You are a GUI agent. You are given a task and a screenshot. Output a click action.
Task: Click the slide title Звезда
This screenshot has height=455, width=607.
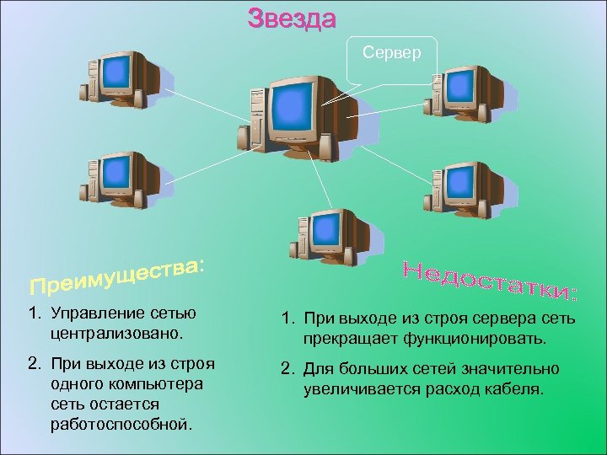292,18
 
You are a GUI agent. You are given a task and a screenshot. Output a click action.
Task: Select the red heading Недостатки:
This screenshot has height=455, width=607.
490,280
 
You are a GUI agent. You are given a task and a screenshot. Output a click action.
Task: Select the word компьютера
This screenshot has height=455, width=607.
157,384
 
